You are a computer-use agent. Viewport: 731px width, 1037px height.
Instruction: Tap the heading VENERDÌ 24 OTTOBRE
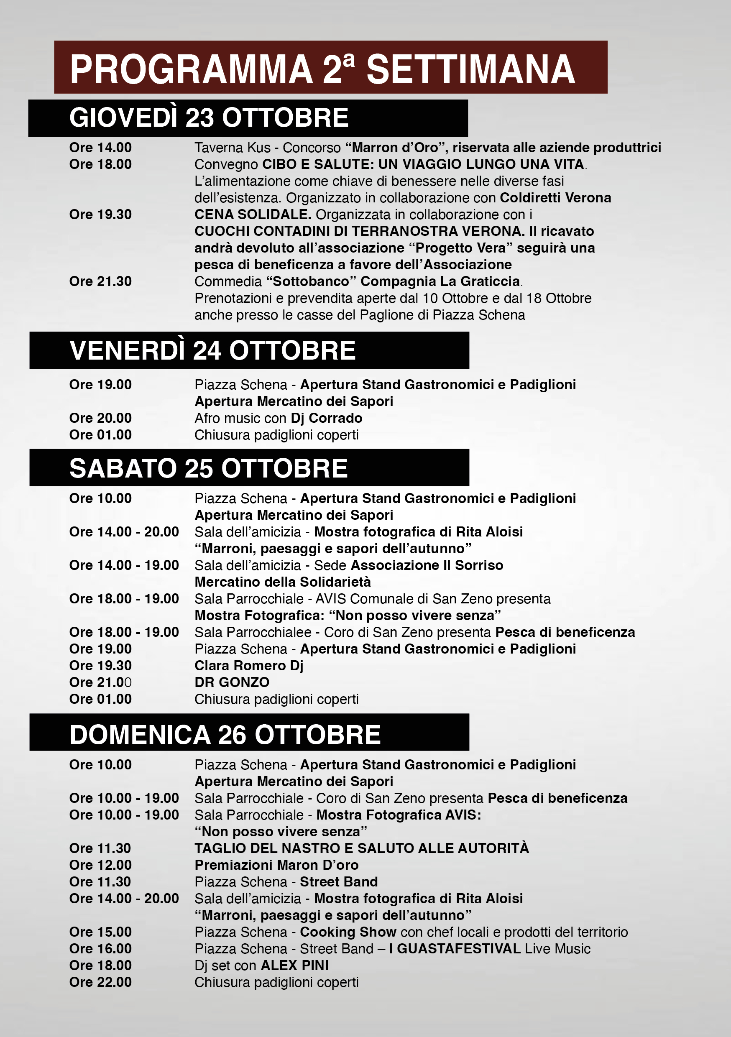(x=212, y=350)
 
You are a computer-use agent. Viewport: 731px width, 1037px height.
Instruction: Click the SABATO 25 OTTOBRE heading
(x=208, y=468)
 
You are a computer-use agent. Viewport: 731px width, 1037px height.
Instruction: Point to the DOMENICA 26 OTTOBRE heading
(x=225, y=734)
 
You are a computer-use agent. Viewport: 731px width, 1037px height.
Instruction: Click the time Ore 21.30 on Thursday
(x=100, y=281)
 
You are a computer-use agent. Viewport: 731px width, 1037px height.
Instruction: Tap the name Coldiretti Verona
(x=555, y=198)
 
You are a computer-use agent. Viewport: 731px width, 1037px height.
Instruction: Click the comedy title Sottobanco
(x=311, y=281)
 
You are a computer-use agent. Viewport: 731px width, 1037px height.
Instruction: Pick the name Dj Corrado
(x=326, y=418)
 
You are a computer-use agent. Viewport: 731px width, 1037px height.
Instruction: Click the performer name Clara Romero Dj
(x=249, y=666)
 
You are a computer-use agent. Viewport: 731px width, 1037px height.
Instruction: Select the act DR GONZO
(x=232, y=682)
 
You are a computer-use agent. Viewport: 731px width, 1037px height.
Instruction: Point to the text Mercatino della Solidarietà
(x=282, y=582)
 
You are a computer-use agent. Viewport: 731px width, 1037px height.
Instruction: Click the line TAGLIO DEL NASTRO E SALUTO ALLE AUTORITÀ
(x=361, y=849)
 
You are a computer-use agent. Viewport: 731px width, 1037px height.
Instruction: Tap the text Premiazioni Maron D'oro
(x=276, y=866)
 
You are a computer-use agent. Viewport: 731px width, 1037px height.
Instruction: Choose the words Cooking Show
(x=348, y=932)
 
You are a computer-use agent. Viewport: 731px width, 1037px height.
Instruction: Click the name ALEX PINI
(x=294, y=965)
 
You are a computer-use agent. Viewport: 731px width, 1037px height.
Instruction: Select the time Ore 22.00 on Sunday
(x=100, y=982)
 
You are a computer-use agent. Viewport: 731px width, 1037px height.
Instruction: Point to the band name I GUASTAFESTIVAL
(x=455, y=949)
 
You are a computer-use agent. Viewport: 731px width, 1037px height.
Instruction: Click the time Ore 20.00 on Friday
(x=100, y=418)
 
